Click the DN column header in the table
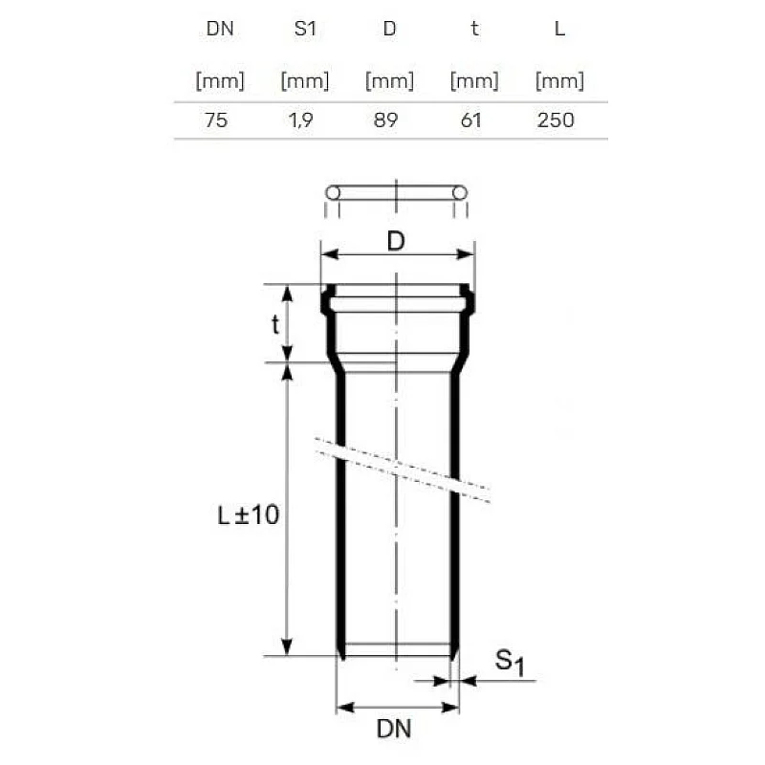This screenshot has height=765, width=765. pyautogui.click(x=220, y=29)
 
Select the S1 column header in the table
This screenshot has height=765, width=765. pyautogui.click(x=305, y=29)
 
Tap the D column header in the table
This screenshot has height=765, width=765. pyautogui.click(x=389, y=29)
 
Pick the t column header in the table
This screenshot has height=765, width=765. pyautogui.click(x=474, y=29)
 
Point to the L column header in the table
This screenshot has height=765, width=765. pyautogui.click(x=559, y=29)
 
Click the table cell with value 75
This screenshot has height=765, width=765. pyautogui.click(x=216, y=120)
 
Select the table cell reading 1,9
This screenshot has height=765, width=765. pyautogui.click(x=300, y=120)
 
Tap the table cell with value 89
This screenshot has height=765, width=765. pyautogui.click(x=385, y=120)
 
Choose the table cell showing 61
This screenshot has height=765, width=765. pyautogui.click(x=470, y=120)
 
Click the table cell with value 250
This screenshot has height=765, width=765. pyautogui.click(x=556, y=120)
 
